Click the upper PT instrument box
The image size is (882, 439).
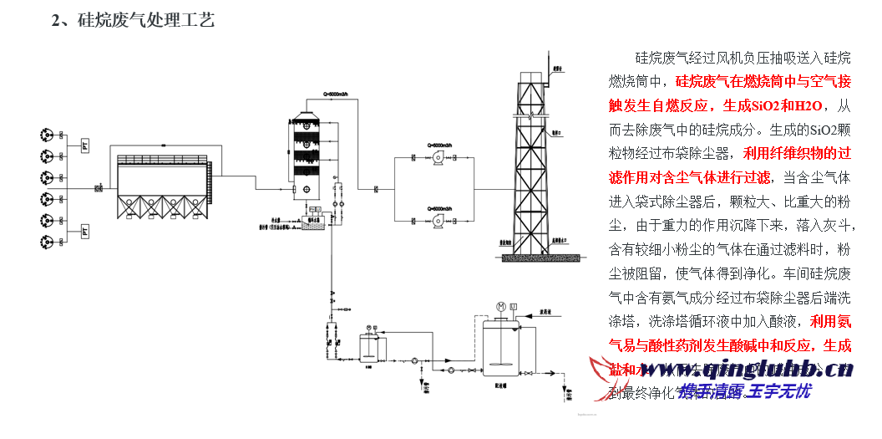click(85, 145)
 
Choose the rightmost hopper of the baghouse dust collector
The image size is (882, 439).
click(190, 204)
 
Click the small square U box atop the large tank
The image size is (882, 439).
click(514, 306)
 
